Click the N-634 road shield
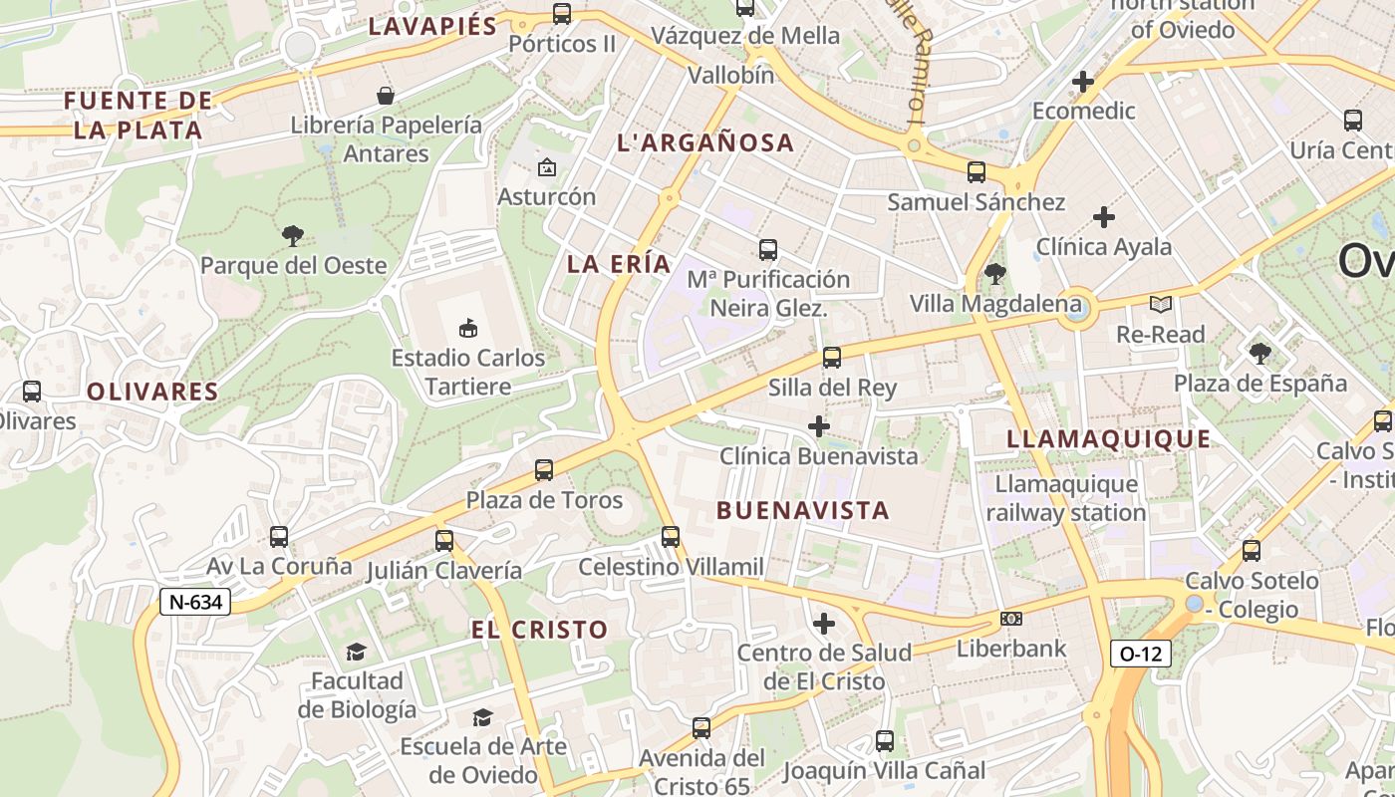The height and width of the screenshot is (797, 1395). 195,602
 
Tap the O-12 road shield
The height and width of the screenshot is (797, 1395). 1141,654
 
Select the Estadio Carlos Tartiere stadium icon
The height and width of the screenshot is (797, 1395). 467,328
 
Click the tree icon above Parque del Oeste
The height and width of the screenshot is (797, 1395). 292,236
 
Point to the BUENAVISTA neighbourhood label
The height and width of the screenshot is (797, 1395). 802,511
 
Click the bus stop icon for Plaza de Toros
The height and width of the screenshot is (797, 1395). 544,470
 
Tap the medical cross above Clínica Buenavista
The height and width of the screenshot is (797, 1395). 819,427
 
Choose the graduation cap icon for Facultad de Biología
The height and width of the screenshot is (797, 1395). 356,652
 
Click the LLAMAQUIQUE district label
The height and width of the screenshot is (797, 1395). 1108,439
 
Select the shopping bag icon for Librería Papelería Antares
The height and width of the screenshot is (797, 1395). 386,96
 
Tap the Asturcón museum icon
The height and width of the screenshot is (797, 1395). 546,167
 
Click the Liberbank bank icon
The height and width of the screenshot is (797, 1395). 1011,619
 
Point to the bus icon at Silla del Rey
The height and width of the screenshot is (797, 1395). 832,358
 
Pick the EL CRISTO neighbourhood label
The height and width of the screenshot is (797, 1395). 539,630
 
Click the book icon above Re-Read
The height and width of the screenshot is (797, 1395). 1160,304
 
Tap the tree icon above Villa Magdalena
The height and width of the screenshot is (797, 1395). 994,274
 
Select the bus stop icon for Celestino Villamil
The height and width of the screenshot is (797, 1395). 671,537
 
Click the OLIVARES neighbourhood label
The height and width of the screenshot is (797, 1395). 152,392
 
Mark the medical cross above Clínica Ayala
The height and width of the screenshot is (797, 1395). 1104,216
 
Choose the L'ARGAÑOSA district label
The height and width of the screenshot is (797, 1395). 705,143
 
